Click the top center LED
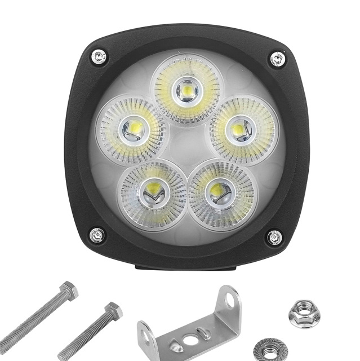(x=186, y=90)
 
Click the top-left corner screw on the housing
(x=99, y=56)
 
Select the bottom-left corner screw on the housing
(x=97, y=234)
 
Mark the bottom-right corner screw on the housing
(x=274, y=237)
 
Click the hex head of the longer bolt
(x=68, y=291)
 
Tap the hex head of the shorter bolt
(x=113, y=311)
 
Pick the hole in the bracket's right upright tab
(x=230, y=301)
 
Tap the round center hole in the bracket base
(x=192, y=341)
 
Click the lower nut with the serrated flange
(x=270, y=350)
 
